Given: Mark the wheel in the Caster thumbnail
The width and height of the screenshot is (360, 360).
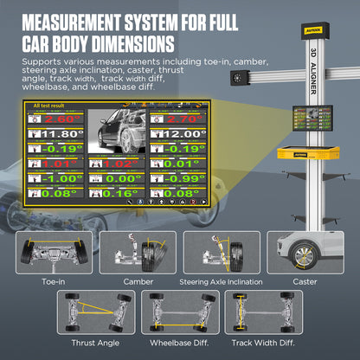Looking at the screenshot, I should click(x=304, y=256).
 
